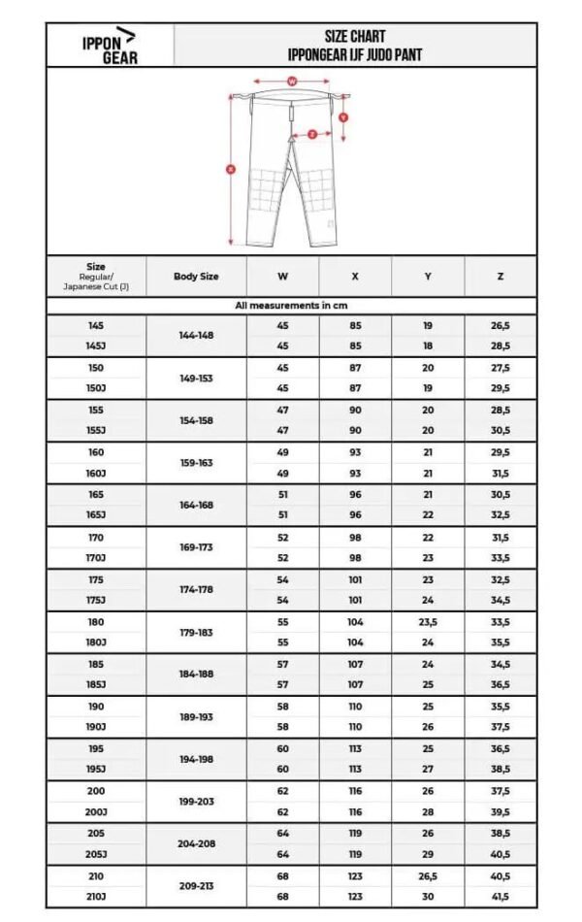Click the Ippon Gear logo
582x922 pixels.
pyautogui.click(x=109, y=46)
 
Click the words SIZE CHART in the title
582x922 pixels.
pyautogui.click(x=355, y=36)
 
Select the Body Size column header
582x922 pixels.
pyautogui.click(x=196, y=277)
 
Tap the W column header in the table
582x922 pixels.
pyautogui.click(x=282, y=277)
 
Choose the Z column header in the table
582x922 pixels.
pyautogui.click(x=500, y=277)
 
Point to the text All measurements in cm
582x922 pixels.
pyautogui.click(x=291, y=306)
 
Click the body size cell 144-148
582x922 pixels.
pyautogui.click(x=196, y=335)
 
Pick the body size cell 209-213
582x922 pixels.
pyautogui.click(x=196, y=887)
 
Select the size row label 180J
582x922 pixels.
pyautogui.click(x=96, y=642)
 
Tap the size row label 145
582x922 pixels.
pyautogui.click(x=96, y=326)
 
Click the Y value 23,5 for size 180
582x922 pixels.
pyautogui.click(x=428, y=622)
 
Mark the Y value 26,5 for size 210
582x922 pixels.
pyautogui.click(x=428, y=876)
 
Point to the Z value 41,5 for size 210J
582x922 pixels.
pyautogui.click(x=500, y=897)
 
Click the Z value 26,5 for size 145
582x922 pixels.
pyautogui.click(x=500, y=326)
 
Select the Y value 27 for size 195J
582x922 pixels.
pyautogui.click(x=428, y=770)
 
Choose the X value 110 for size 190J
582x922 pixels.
pyautogui.click(x=355, y=727)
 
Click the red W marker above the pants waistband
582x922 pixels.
pyautogui.click(x=291, y=82)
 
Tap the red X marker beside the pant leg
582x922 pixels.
pyautogui.click(x=231, y=169)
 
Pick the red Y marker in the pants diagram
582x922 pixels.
pyautogui.click(x=343, y=116)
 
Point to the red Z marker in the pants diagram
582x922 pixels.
pyautogui.click(x=312, y=135)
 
